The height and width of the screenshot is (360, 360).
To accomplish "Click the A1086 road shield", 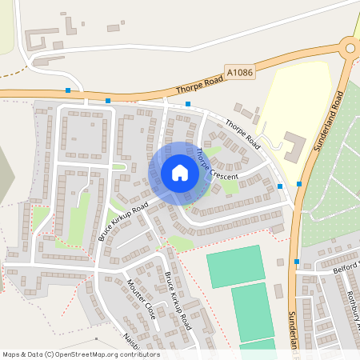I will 240,71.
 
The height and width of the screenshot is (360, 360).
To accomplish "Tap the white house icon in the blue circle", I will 180,173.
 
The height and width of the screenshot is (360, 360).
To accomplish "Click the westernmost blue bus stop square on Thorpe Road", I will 69,90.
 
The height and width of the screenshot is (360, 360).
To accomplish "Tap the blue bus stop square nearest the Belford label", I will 297,262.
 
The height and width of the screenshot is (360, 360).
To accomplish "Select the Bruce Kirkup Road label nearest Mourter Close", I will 178,301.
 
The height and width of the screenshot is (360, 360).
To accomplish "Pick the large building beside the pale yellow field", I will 291,146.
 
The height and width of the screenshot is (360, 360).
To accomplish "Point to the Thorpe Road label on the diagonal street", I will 242,134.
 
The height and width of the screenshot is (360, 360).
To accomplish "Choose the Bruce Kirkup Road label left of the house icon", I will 124,222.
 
